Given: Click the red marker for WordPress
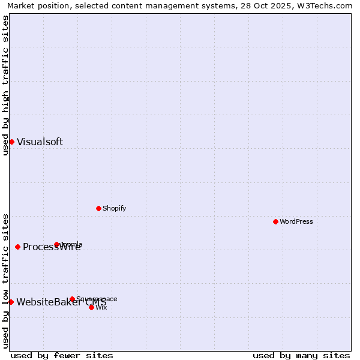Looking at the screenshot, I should (x=275, y=221).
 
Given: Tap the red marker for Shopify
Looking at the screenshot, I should (x=98, y=208).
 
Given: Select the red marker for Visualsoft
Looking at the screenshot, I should (x=11, y=142).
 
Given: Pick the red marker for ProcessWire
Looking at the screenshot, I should (x=17, y=247).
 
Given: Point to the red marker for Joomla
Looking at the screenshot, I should (x=56, y=244).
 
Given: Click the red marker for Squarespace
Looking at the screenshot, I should (x=72, y=299).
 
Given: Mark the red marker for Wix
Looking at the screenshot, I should (x=91, y=307).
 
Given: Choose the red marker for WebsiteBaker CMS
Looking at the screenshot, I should (x=11, y=302).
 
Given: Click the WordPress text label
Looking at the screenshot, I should (x=296, y=221).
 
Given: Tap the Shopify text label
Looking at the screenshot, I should (x=114, y=208).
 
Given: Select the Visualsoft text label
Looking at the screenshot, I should (x=40, y=142).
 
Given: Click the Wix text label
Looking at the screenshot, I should (x=101, y=307).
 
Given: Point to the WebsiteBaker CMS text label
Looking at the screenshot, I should (x=61, y=302).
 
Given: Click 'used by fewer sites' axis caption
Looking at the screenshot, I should (x=62, y=355).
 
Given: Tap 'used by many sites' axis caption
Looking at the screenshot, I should (x=301, y=355).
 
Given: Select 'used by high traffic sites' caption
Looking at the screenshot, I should (x=5, y=85).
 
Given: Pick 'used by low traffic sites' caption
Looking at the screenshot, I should (x=5, y=281).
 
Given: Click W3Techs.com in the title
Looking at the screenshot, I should (x=328, y=5).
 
